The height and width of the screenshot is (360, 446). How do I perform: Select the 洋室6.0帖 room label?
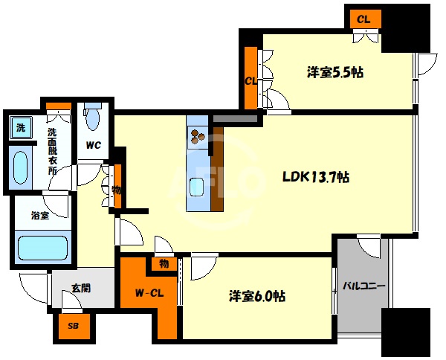click(x=257, y=296)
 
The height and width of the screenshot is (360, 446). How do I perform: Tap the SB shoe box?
click(x=74, y=326)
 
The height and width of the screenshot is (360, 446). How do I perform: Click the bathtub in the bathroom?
click(x=42, y=247)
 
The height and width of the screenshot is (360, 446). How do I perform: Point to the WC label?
click(x=94, y=146)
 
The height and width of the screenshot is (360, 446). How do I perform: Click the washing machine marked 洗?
click(x=22, y=127)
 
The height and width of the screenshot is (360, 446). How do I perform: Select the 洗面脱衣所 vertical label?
click(x=52, y=151)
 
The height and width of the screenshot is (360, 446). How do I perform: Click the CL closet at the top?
click(x=363, y=19)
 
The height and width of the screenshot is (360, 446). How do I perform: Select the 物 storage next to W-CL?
click(x=164, y=263)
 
